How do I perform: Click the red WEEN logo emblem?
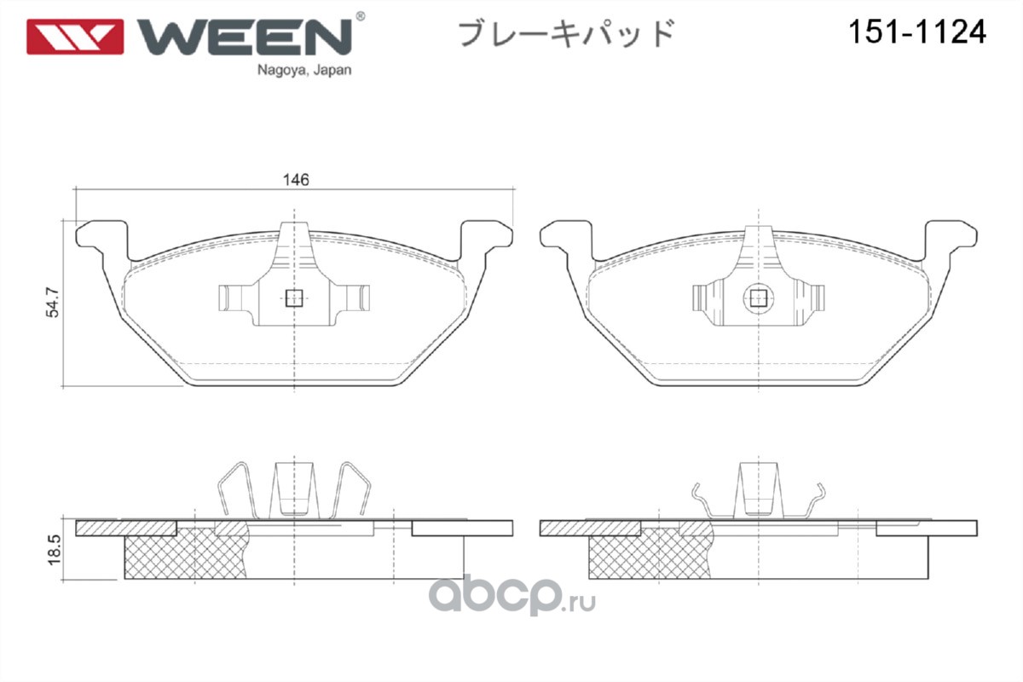click(x=75, y=37)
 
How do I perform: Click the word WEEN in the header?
click(x=245, y=37)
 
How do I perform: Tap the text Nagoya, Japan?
click(x=304, y=71)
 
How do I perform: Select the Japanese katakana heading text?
click(x=566, y=33)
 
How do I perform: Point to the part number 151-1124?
click(x=917, y=32)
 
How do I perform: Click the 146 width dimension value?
click(x=296, y=180)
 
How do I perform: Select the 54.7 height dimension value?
click(x=53, y=302)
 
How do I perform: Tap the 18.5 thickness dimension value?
click(x=54, y=550)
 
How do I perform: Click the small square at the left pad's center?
click(x=294, y=298)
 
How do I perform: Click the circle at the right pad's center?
click(x=759, y=299)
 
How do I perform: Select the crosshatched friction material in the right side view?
click(x=650, y=554)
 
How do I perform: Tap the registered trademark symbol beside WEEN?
click(x=360, y=16)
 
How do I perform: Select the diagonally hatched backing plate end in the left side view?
click(x=126, y=528)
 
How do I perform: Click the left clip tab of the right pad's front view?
click(x=708, y=299)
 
